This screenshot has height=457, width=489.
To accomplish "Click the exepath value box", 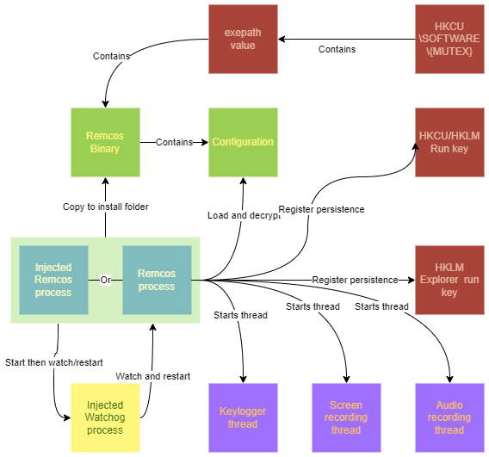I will pos(243,39).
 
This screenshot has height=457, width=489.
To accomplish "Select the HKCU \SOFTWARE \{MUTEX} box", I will pos(449,39).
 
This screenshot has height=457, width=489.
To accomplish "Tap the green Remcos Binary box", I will pos(104,142).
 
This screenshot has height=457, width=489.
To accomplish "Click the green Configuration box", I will pos(243,142).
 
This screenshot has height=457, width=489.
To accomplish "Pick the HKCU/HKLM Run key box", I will pos(449,142).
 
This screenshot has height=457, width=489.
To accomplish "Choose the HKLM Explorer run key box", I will pos(449,280).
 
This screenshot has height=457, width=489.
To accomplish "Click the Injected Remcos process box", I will pos(53,280).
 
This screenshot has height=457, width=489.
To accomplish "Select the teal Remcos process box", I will pos(156,280).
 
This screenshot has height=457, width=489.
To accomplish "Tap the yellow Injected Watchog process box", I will pos(104,417).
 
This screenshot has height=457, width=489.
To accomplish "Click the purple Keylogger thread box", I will pos(243,417).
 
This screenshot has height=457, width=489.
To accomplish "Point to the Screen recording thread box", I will pos(346,417).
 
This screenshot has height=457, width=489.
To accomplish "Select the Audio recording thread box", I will pos(449,417).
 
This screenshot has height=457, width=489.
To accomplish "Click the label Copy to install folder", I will pos(105,207).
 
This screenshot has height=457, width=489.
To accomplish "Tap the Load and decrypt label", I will pos(244,215).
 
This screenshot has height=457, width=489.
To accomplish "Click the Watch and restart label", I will pos(152,376).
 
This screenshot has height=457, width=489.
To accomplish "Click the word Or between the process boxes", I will pos(105,280).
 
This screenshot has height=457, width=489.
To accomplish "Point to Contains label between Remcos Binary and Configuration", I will pos(174,142).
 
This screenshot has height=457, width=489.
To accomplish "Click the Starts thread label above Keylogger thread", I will pos(240,315).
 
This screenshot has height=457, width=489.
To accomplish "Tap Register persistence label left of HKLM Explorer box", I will pos(355,280).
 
